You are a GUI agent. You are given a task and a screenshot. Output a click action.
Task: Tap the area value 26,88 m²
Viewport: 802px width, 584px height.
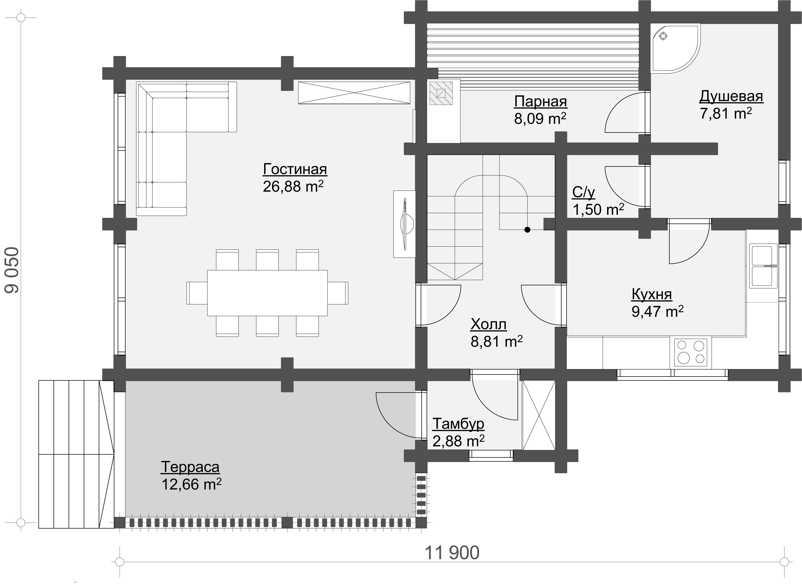tap(293, 186)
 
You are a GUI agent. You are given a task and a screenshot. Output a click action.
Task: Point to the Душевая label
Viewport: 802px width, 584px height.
tap(731, 96)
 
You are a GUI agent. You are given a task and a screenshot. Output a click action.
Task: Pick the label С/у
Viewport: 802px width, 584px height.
tap(583, 192)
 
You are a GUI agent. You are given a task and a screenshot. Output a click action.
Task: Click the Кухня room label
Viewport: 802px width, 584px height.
tap(652, 294)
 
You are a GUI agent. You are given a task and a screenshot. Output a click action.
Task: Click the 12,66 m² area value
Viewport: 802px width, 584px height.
tap(191, 484)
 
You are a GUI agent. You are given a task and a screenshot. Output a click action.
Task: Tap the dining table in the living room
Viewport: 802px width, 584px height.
tap(267, 293)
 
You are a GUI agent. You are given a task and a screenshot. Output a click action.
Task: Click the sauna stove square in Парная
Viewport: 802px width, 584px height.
tap(441, 93)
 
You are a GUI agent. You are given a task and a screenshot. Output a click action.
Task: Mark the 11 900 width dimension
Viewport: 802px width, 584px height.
tap(452, 553)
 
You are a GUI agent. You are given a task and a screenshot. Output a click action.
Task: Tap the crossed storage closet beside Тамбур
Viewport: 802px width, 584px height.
tap(538, 415)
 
